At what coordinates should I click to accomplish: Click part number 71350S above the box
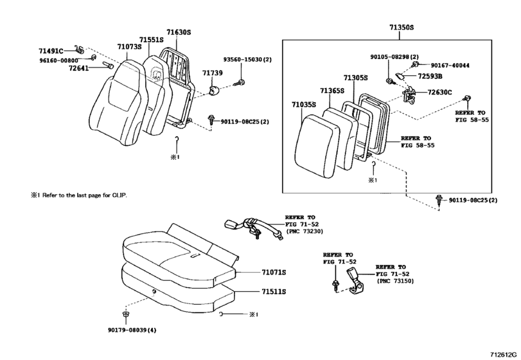(402, 28)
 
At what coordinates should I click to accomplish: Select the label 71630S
(179, 32)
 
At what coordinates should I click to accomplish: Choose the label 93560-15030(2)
(248, 60)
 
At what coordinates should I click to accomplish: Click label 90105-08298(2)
(394, 57)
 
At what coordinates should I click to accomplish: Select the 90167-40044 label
(450, 66)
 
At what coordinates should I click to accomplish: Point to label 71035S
(303, 104)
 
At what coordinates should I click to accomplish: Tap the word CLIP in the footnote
(119, 195)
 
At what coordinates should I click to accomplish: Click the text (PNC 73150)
(396, 280)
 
